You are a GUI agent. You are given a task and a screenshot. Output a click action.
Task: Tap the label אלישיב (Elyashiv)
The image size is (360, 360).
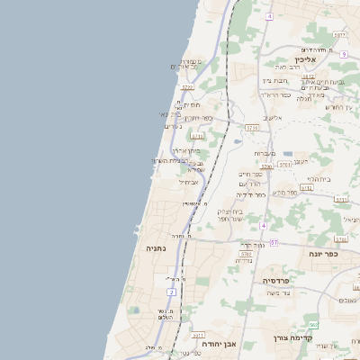[x=272, y=118]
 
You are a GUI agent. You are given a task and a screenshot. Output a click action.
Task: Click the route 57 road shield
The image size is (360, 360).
[x=274, y=243]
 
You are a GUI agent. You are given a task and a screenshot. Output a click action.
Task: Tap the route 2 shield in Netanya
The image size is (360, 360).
[x=170, y=292]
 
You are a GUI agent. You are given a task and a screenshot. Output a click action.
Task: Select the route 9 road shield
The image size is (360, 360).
[x=344, y=54]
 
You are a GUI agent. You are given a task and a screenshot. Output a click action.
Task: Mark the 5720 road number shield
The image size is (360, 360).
[x=187, y=87]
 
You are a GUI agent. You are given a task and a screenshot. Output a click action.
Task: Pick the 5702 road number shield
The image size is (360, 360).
[x=284, y=165]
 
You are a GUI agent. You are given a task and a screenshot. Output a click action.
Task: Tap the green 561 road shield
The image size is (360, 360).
[x=312, y=324]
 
